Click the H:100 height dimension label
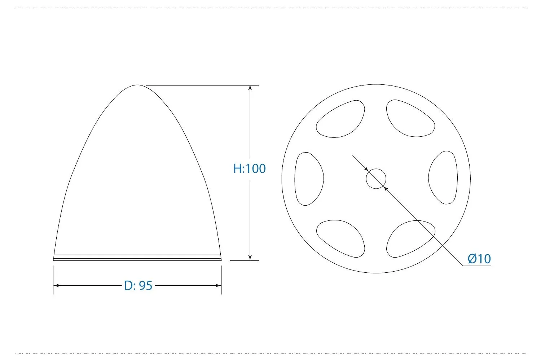249,168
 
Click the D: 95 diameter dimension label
138,285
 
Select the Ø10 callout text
479,259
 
